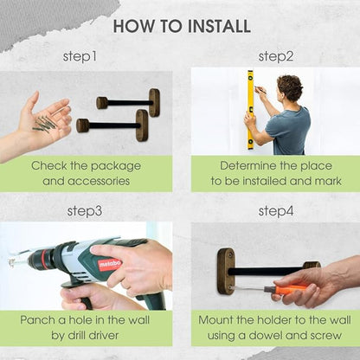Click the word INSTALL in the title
click(219, 26)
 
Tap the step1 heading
click(80, 56)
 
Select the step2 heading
click(276, 56)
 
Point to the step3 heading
click(85, 211)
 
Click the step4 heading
click(276, 211)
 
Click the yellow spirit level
click(250, 110)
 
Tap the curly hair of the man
click(290, 87)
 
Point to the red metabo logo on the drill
click(109, 264)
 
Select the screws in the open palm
click(48, 124)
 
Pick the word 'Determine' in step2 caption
click(247, 165)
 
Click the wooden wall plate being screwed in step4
click(226, 271)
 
